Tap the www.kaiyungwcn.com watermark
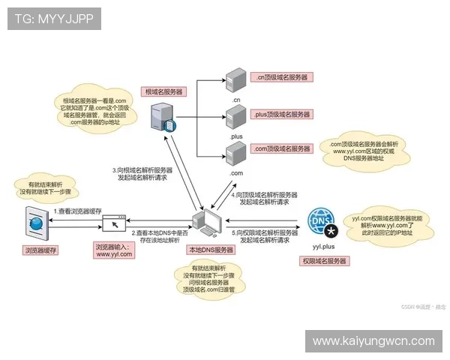coord(373,341)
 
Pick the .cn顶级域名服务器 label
coord(282,76)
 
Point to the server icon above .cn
coord(235,77)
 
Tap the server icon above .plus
coord(235,115)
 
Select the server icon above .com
coord(235,153)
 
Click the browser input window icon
coord(114,223)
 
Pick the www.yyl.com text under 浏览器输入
coord(114,254)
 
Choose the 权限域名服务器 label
coord(323,260)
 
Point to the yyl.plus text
coord(323,245)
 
